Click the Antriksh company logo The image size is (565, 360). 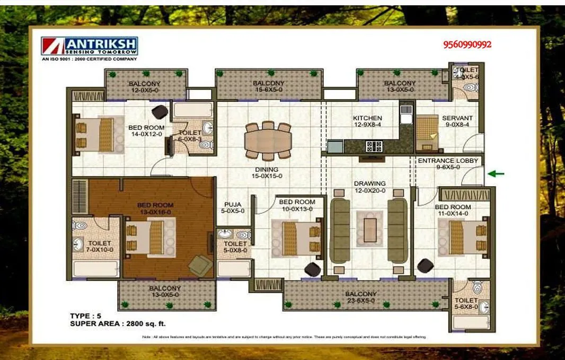[90, 46]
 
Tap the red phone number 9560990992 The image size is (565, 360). [467, 45]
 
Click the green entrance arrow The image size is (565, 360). [496, 173]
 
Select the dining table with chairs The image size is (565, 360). [268, 141]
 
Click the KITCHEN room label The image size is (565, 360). [367, 118]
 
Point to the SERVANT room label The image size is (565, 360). [457, 118]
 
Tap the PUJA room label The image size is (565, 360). [233, 204]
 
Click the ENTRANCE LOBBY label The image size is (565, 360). [448, 161]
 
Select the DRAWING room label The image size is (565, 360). [369, 184]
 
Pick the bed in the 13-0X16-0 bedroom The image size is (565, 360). [151, 238]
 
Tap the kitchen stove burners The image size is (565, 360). [374, 145]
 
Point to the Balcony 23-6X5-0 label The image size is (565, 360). [361, 294]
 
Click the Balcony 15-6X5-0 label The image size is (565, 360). [268, 84]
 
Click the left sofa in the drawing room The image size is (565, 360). [340, 230]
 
